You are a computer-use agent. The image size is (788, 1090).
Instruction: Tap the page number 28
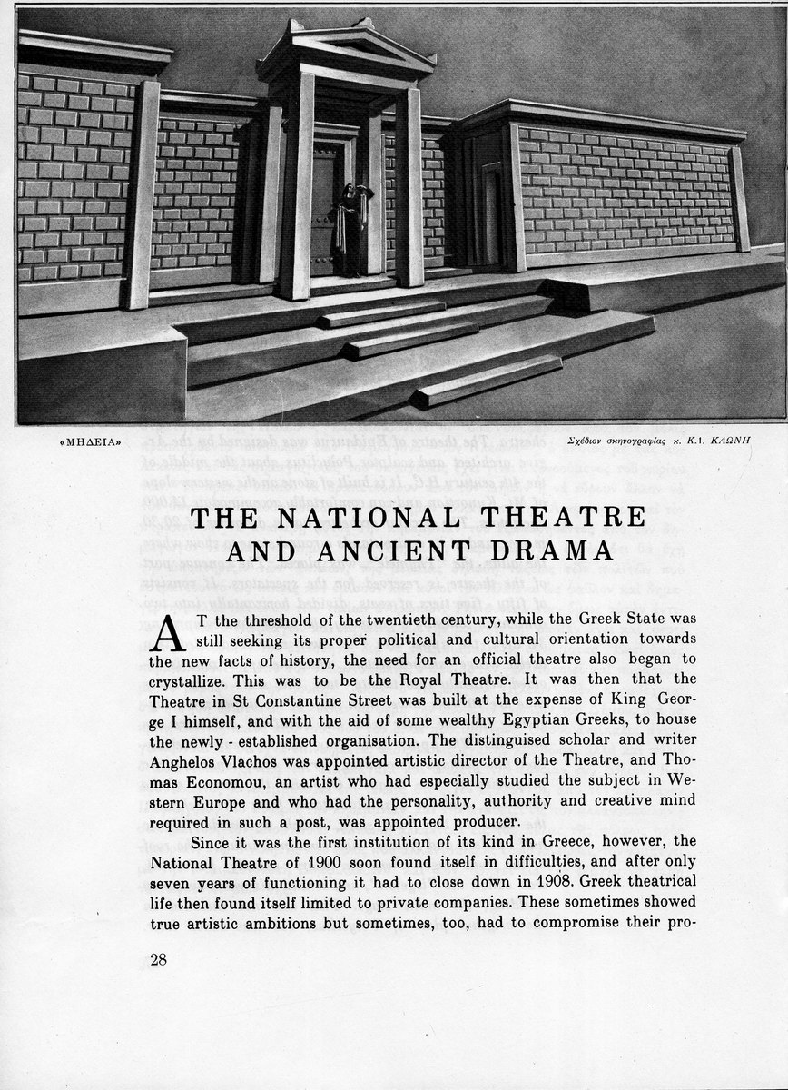(x=158, y=959)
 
